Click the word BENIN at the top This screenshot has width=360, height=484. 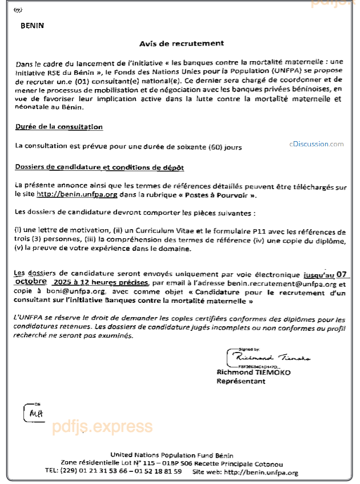[32, 26]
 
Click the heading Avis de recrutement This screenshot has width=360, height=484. [182, 43]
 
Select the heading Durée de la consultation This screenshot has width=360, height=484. [59, 127]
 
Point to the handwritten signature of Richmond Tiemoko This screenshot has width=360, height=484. [269, 357]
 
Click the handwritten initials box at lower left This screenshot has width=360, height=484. [33, 411]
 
